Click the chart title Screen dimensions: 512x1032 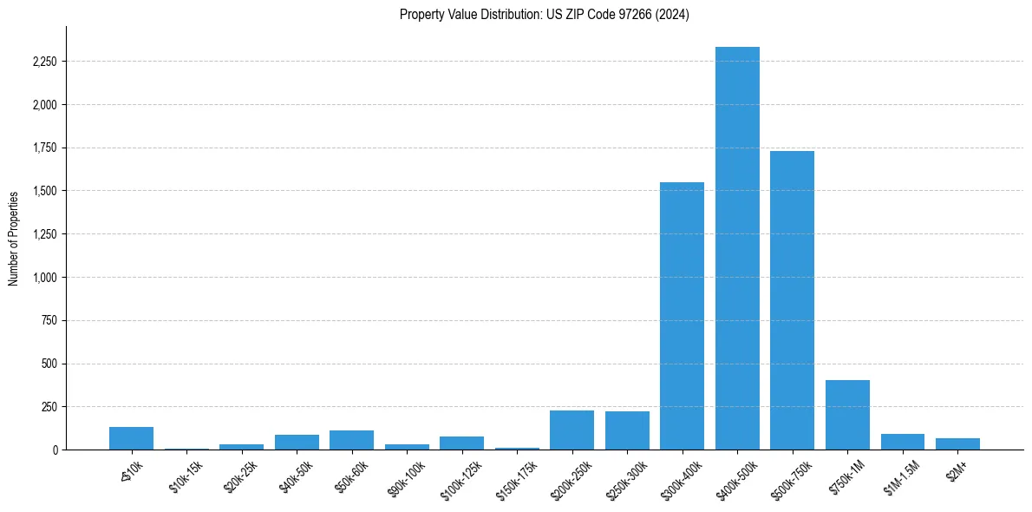[544, 15]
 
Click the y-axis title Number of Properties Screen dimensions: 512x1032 [14, 238]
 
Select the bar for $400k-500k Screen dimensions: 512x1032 [737, 248]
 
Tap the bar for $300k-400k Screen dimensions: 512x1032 [682, 316]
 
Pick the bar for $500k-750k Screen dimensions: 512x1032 [792, 300]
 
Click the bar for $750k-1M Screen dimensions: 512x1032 [847, 415]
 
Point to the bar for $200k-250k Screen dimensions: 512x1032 [572, 430]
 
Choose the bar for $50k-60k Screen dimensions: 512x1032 [351, 440]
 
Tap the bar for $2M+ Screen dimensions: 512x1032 [957, 443]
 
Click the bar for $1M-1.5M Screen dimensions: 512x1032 [902, 442]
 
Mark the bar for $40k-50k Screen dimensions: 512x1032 [297, 442]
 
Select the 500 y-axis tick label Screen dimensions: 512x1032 [49, 364]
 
